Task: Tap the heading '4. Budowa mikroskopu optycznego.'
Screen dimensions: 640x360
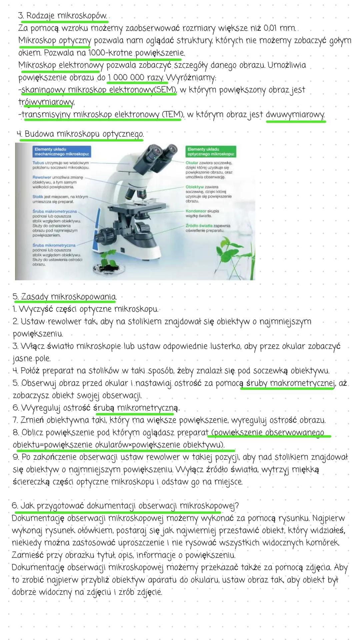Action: (80, 134)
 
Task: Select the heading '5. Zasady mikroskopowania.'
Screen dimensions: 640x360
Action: (65, 296)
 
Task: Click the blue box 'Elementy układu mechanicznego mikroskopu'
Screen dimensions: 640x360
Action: (63, 152)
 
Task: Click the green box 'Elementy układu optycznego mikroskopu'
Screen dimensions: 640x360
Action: (211, 152)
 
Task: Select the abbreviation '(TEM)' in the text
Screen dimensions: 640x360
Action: (172, 115)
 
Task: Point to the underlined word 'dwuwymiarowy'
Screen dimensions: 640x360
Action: (295, 115)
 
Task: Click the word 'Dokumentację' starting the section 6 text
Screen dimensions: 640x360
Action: (38, 519)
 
